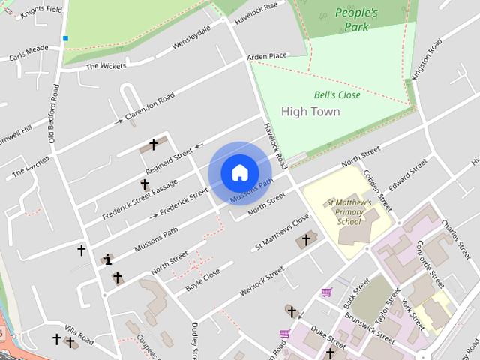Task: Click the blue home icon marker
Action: coord(239,172)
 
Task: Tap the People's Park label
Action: coord(356,19)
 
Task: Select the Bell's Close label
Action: coord(337,95)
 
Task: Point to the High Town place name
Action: coord(310,112)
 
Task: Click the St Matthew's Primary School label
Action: coord(349,212)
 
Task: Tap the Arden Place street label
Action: coord(267,56)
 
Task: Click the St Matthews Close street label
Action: coord(282,232)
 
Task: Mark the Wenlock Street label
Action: coord(262,280)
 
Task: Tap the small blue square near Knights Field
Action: coord(65,38)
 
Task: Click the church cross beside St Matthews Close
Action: coord(306,240)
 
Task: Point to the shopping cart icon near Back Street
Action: coord(326,292)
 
